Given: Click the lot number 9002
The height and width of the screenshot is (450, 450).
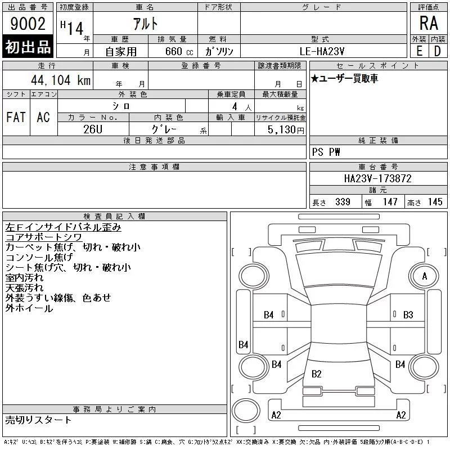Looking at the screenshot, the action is click(x=28, y=24).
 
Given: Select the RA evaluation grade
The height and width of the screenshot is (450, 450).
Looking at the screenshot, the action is click(x=429, y=23).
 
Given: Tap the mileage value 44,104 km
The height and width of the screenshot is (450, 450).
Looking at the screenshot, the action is click(x=61, y=80).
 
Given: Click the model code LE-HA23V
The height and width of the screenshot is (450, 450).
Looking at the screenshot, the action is click(x=322, y=51).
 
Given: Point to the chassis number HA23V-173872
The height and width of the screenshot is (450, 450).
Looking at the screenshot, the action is click(x=377, y=178).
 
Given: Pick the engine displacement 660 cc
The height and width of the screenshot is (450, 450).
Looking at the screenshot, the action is click(x=179, y=51).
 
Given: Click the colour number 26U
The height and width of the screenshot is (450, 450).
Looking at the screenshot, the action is click(x=93, y=129).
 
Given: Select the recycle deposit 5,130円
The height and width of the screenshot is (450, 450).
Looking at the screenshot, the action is click(x=286, y=130).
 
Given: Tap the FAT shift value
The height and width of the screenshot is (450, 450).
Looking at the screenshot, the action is click(x=16, y=117).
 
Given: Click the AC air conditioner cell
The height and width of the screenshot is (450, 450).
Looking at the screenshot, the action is click(x=43, y=117).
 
